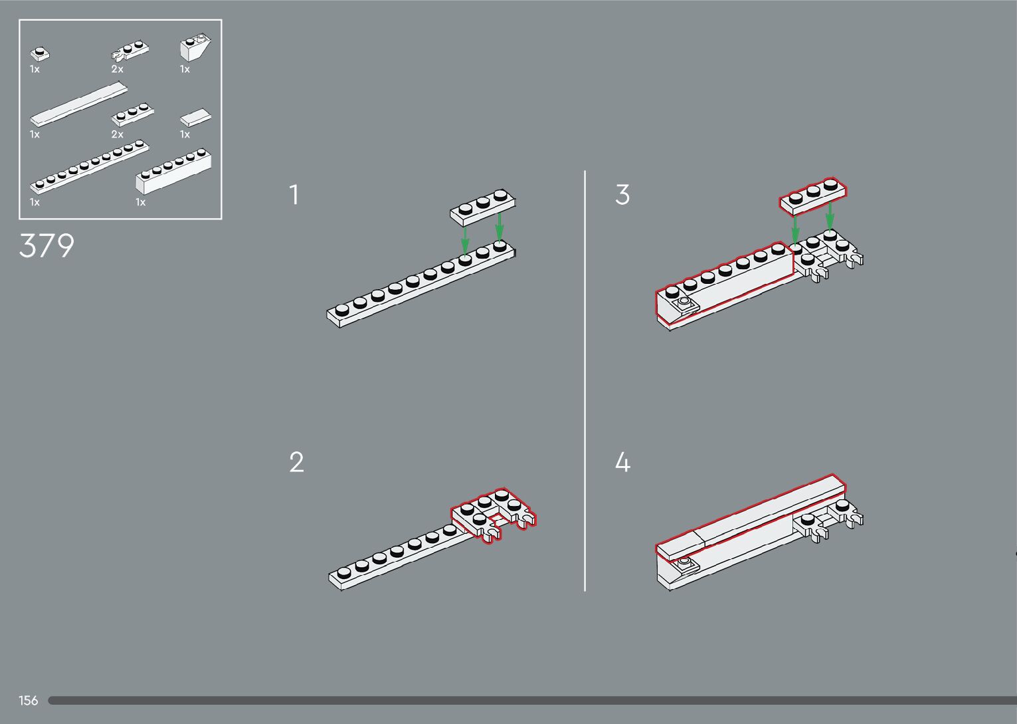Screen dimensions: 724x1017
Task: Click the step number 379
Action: pyautogui.click(x=46, y=246)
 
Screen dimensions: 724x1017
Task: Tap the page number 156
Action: pyautogui.click(x=29, y=700)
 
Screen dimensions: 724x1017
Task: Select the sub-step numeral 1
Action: pyautogui.click(x=294, y=195)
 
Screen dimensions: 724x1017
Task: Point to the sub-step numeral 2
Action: pyautogui.click(x=296, y=462)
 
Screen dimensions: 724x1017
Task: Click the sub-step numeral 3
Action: pyautogui.click(x=622, y=195)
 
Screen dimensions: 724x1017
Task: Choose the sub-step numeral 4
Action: pyautogui.click(x=622, y=462)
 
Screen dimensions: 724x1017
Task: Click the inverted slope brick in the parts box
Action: pyautogui.click(x=195, y=49)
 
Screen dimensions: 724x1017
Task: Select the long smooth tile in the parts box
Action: pyautogui.click(x=78, y=105)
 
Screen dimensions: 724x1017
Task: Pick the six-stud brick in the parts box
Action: pyautogui.click(x=174, y=172)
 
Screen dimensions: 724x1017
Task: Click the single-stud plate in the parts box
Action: pyautogui.click(x=40, y=54)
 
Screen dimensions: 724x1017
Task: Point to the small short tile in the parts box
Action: pyautogui.click(x=195, y=119)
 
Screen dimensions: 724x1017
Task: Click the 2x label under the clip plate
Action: pyautogui.click(x=117, y=69)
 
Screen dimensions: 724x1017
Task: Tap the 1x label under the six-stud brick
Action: pyautogui.click(x=140, y=202)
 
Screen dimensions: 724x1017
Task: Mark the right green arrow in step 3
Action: pyautogui.click(x=830, y=217)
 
